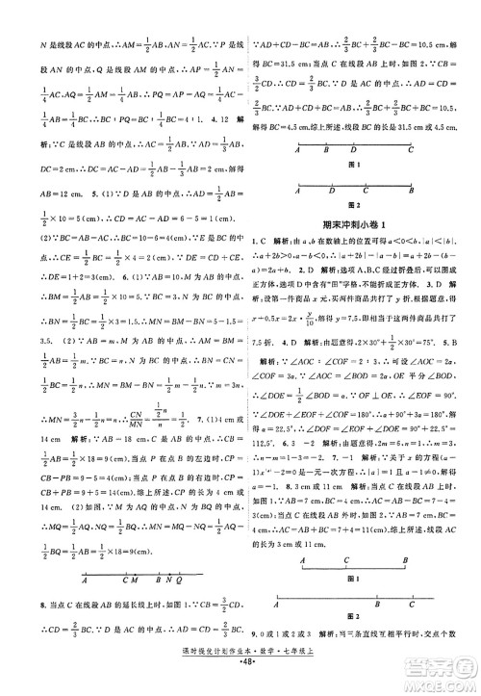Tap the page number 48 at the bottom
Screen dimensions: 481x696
[240, 687]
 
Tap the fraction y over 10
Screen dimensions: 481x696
[332, 324]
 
